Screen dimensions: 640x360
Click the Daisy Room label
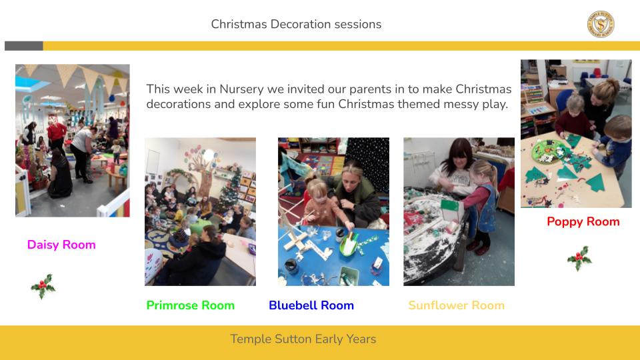point(61,245)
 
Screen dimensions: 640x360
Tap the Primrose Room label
point(190,305)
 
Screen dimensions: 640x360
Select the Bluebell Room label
point(311,305)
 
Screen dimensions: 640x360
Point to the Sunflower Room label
point(456,305)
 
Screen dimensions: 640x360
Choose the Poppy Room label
point(583,221)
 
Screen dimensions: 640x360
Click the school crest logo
point(601,24)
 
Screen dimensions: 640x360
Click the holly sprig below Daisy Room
point(43,286)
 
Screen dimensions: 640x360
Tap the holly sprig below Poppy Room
point(579,259)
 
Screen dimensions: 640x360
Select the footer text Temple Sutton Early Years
point(303,339)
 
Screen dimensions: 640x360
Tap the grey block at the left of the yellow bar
point(24,46)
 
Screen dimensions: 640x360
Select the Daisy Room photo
point(73,141)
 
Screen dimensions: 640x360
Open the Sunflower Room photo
point(459,211)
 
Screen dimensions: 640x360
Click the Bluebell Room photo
point(333,211)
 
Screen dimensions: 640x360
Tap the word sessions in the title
point(358,24)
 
